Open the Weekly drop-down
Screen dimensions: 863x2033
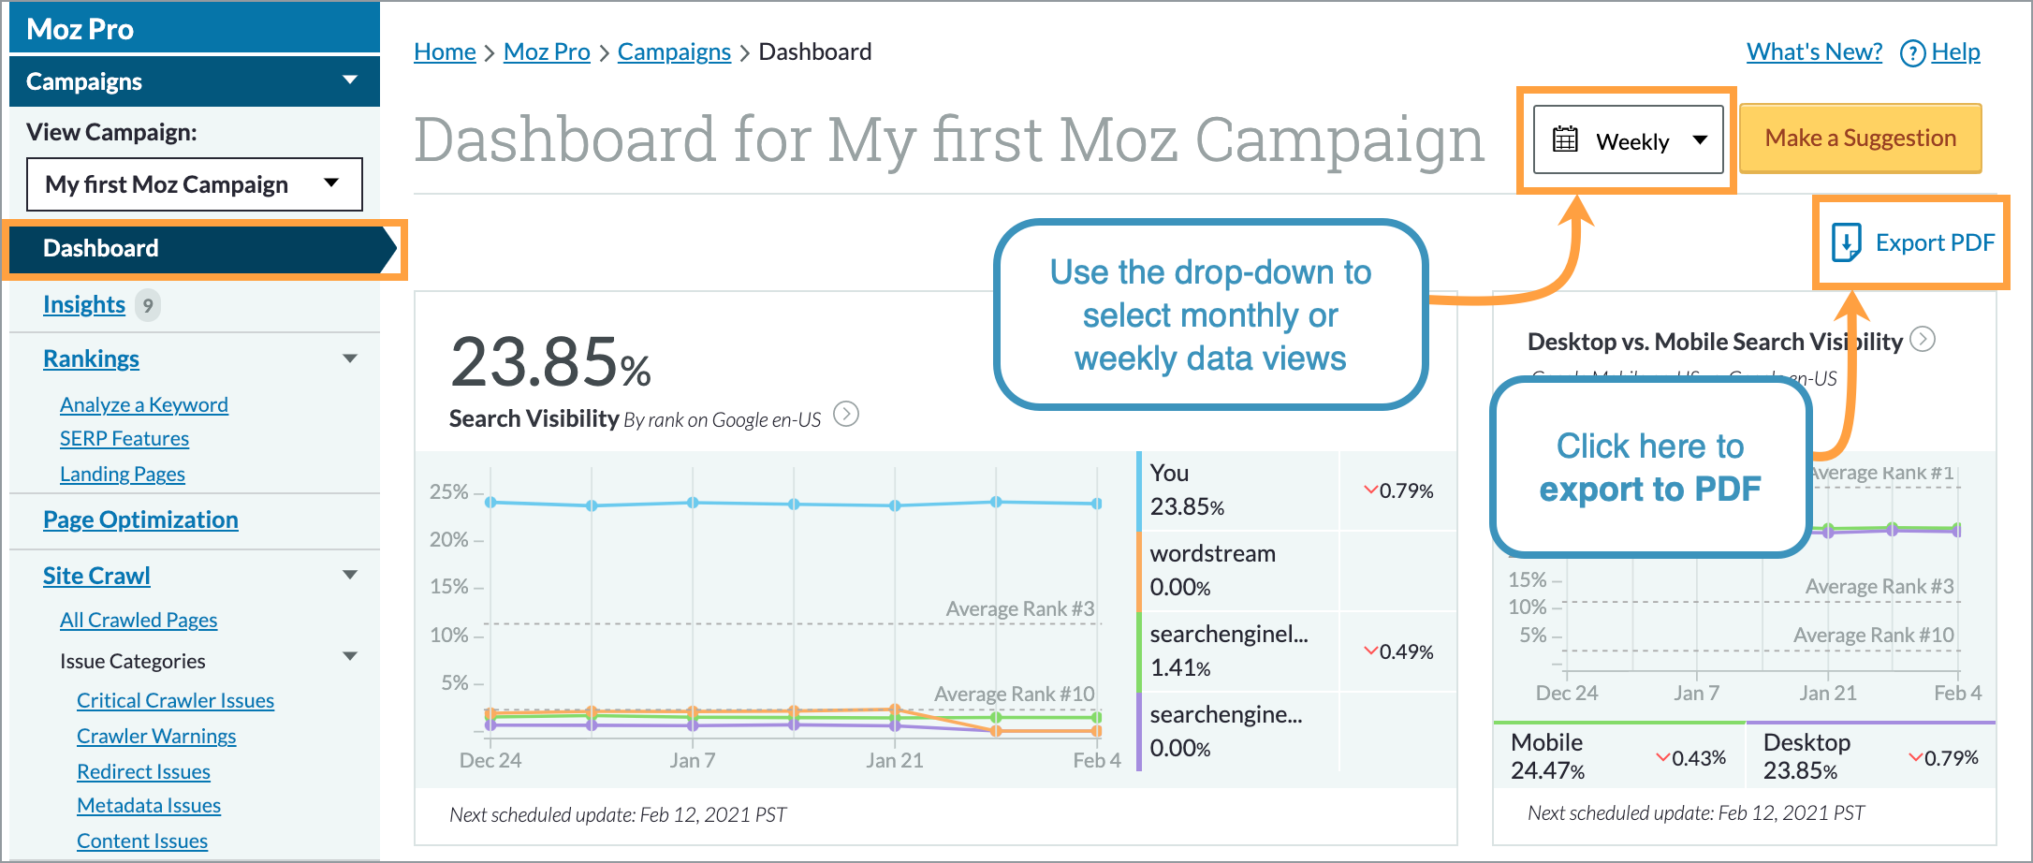pos(1628,140)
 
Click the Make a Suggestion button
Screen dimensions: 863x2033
pos(1860,139)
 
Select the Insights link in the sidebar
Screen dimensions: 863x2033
pos(84,305)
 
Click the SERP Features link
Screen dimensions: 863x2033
pos(124,439)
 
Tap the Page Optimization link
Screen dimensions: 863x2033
pos(140,520)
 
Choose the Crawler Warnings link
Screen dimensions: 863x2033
pos(156,737)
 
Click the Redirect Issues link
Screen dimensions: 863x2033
pos(143,772)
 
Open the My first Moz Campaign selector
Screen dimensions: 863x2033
pos(194,184)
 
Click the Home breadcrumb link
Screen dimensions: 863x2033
pos(445,52)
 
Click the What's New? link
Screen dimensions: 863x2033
pos(1814,52)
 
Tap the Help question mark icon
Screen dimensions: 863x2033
pos(1912,53)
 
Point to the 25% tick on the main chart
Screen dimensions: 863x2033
pos(449,492)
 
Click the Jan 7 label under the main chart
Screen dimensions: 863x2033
pos(693,761)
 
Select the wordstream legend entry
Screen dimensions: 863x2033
pos(1212,554)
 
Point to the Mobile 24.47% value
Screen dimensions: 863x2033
pos(1547,771)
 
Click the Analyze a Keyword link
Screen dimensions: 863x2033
pos(144,405)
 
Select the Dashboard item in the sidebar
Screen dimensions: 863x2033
pos(101,249)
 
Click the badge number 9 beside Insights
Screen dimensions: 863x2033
pos(148,305)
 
